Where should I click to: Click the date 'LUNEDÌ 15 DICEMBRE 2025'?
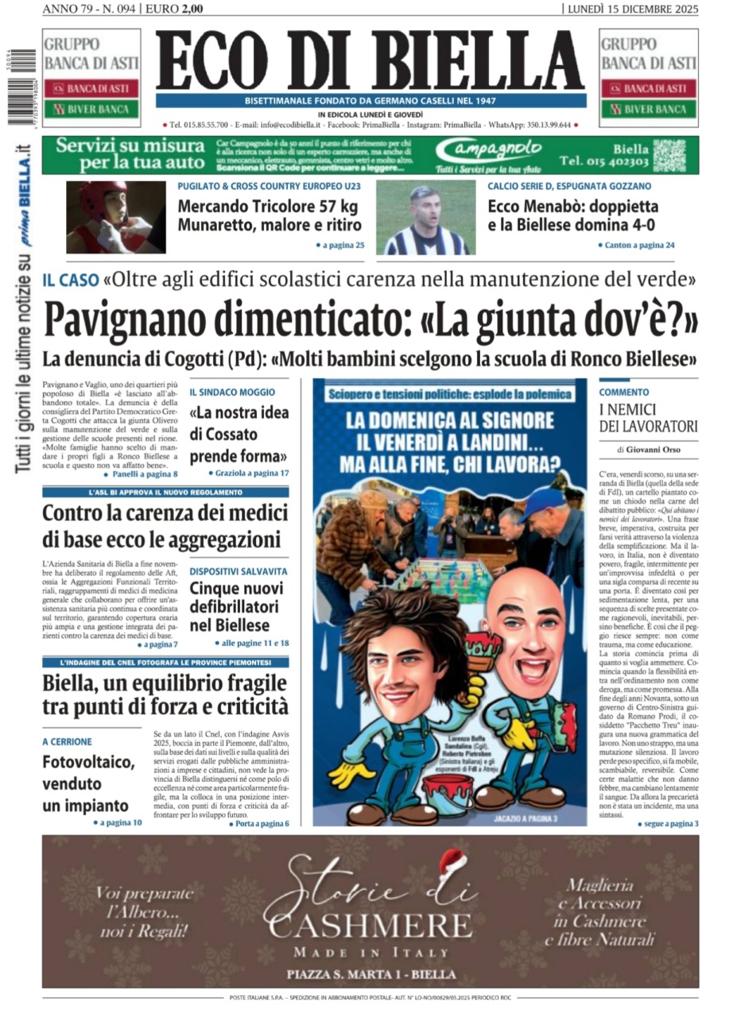click(x=633, y=9)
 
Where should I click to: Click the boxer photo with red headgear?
click(x=115, y=217)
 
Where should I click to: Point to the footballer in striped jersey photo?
click(x=425, y=218)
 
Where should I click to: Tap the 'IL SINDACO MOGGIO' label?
click(x=232, y=392)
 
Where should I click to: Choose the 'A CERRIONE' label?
click(x=68, y=741)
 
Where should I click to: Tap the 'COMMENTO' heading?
click(x=624, y=392)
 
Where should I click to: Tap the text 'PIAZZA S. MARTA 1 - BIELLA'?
click(x=370, y=974)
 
